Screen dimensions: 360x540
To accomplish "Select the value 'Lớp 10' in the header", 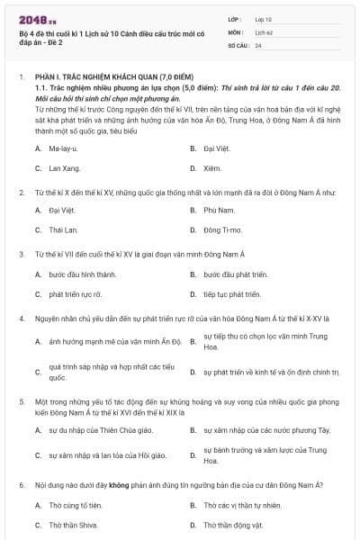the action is coord(264,18).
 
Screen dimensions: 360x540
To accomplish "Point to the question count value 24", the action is coord(259,44).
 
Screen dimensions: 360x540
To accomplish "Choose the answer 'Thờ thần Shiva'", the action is coord(72,526).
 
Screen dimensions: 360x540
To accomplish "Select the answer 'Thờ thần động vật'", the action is coord(231,526).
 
